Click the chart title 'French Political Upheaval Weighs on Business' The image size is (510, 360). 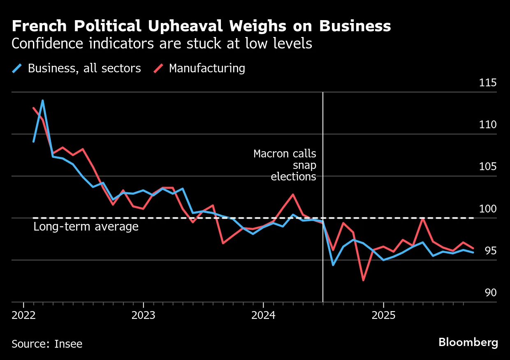[x=201, y=26]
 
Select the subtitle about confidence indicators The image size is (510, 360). [x=162, y=44]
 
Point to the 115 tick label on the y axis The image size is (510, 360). [x=487, y=83]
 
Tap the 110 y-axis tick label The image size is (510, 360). [x=487, y=125]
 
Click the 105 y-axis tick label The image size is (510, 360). [x=487, y=167]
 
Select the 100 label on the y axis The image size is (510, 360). [x=487, y=209]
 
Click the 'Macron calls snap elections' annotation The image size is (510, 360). [x=285, y=165]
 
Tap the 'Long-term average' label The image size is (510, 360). [x=86, y=226]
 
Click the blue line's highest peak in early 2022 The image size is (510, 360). [x=43, y=100]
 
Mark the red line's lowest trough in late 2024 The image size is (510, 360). [x=363, y=280]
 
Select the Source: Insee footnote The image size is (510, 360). [x=47, y=344]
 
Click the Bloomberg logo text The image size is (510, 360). [x=468, y=342]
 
